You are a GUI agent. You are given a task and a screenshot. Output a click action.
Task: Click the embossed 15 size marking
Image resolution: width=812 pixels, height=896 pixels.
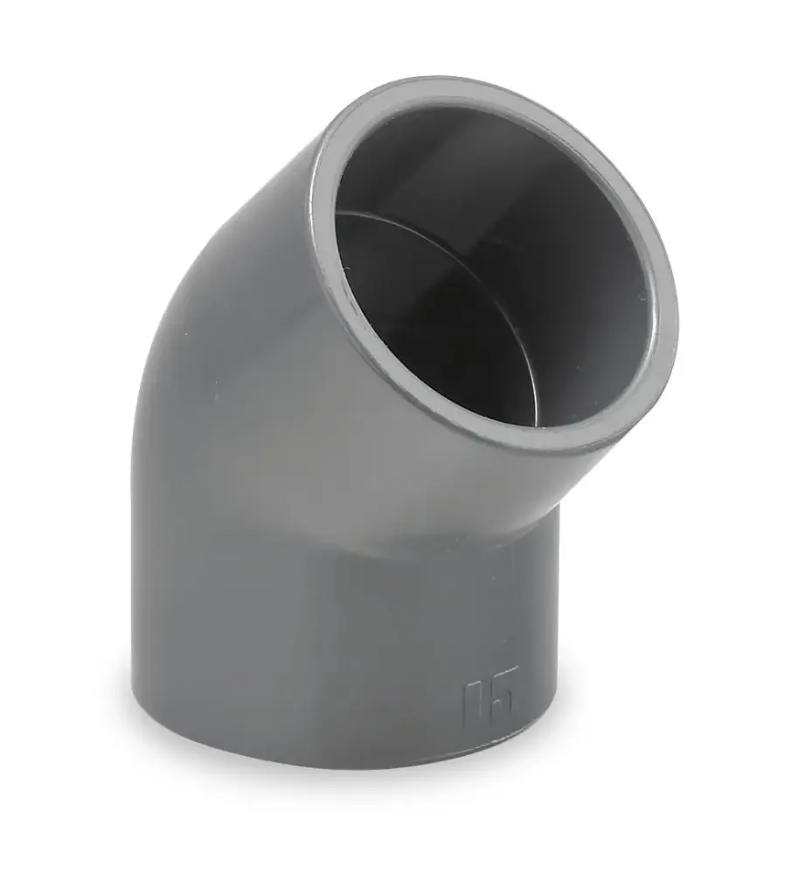491,697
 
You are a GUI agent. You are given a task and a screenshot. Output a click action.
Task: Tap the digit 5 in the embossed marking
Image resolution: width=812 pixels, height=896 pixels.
506,696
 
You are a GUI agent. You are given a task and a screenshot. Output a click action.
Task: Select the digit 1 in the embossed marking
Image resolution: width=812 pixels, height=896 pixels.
473,700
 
